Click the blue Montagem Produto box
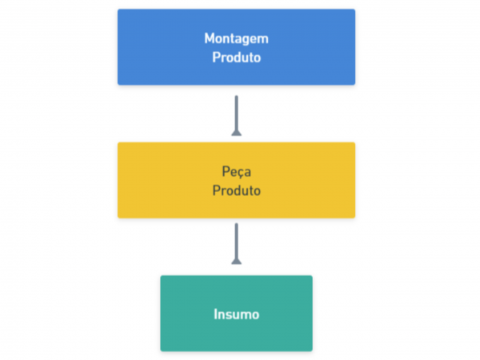[236, 47]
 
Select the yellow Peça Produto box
[236, 180]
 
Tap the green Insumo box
[236, 313]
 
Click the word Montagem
[236, 39]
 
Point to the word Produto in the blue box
[236, 58]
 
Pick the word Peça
[236, 172]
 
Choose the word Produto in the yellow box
[236, 190]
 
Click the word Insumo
[236, 314]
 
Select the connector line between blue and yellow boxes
[236, 115]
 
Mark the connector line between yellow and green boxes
[236, 243]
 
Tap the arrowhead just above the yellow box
[236, 133]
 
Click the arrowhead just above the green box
[236, 261]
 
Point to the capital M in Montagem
[210, 38]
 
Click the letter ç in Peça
[238, 174]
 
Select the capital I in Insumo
[215, 314]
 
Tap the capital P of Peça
[226, 171]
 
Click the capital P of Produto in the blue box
[216, 58]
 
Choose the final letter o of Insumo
[255, 316]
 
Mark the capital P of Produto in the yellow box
[216, 190]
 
